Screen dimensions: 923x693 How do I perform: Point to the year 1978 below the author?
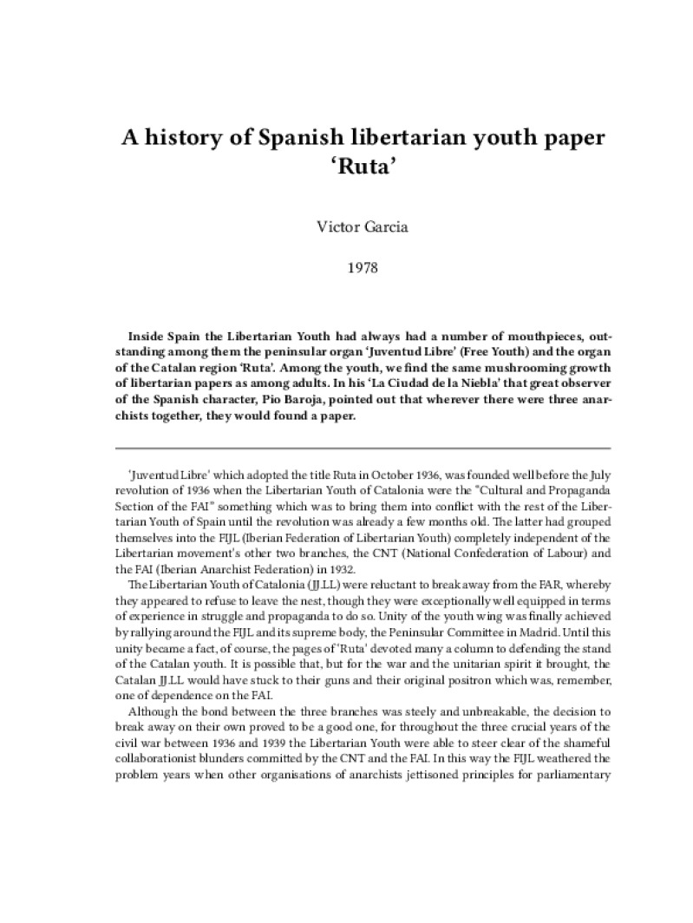coord(347,270)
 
